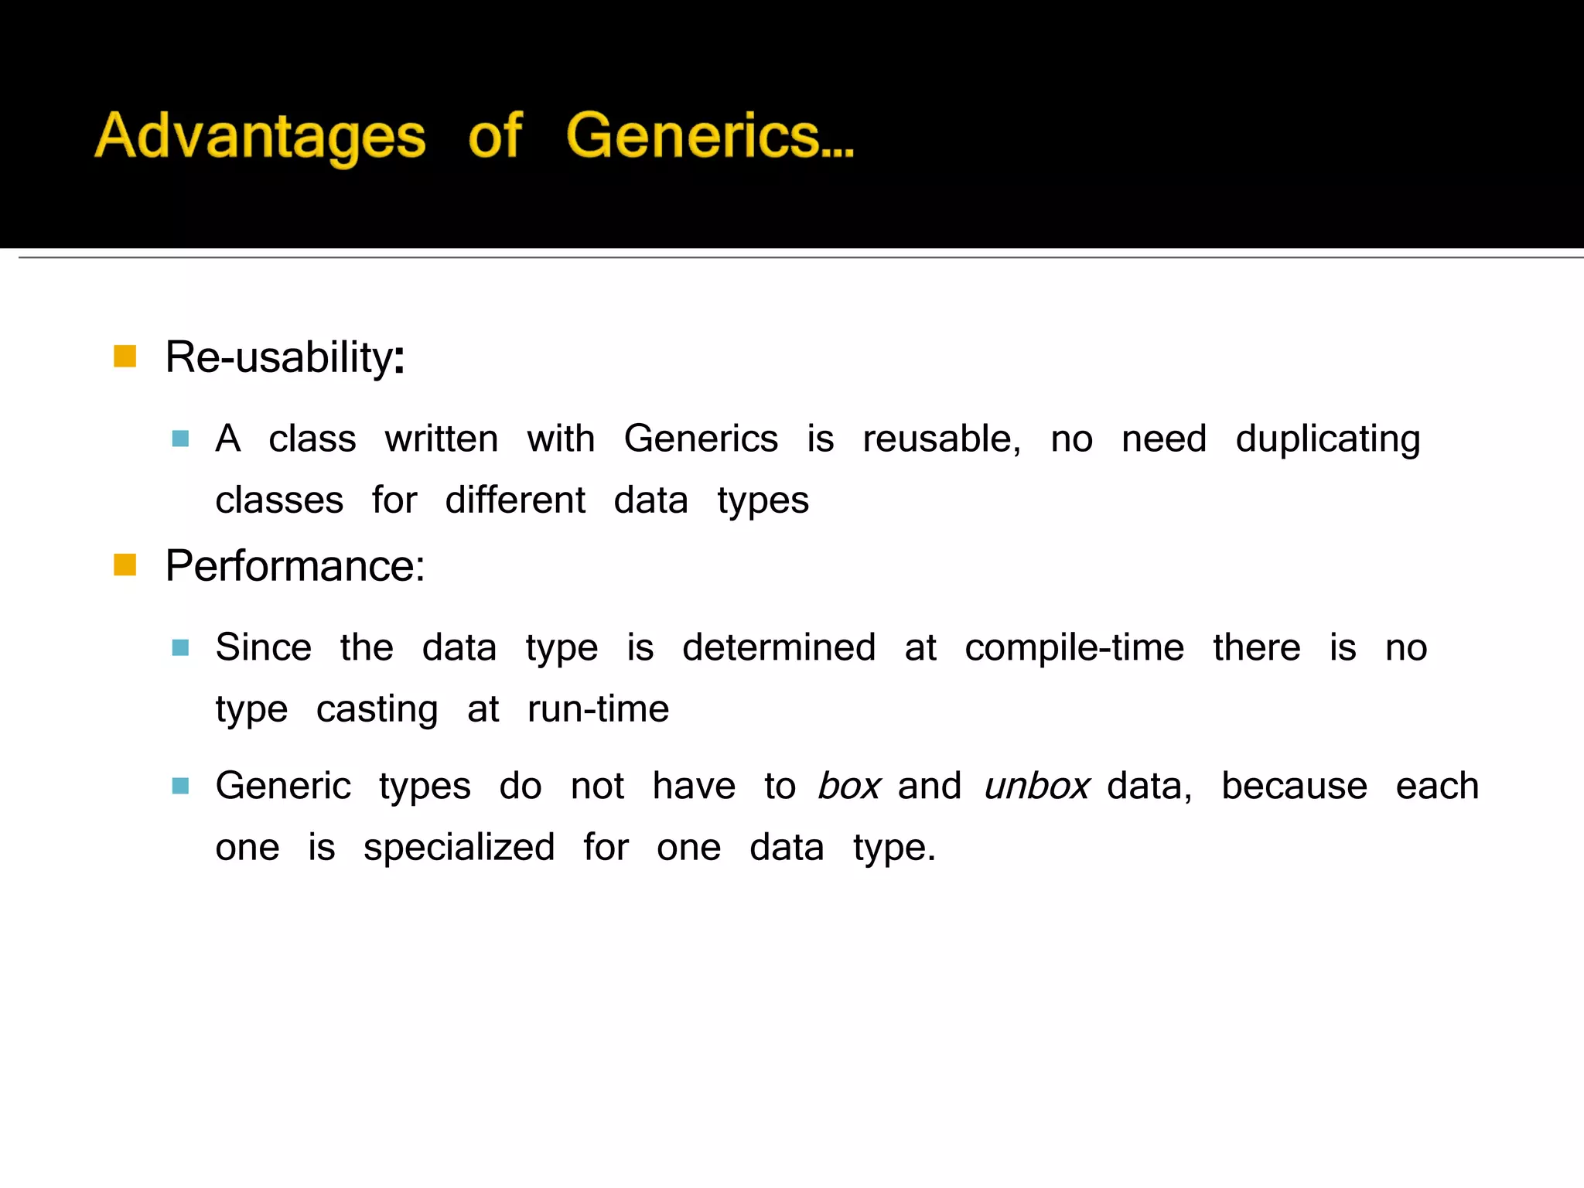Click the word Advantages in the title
click(x=260, y=137)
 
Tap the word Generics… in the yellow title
click(x=710, y=135)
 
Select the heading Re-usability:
click(x=285, y=357)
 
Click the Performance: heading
click(x=295, y=565)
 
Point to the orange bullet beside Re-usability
click(x=125, y=357)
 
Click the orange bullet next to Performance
click(x=125, y=565)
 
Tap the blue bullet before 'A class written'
click(x=180, y=439)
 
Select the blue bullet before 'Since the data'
click(x=180, y=647)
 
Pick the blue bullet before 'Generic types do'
click(x=180, y=786)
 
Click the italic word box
click(x=848, y=786)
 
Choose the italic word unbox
click(x=1036, y=786)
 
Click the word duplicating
click(x=1327, y=439)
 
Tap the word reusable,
click(x=941, y=439)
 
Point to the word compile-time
click(x=1074, y=647)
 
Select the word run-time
click(x=598, y=708)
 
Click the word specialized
click(x=459, y=848)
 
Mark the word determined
click(x=779, y=647)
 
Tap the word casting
click(x=377, y=709)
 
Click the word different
click(x=515, y=500)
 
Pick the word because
click(x=1294, y=786)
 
